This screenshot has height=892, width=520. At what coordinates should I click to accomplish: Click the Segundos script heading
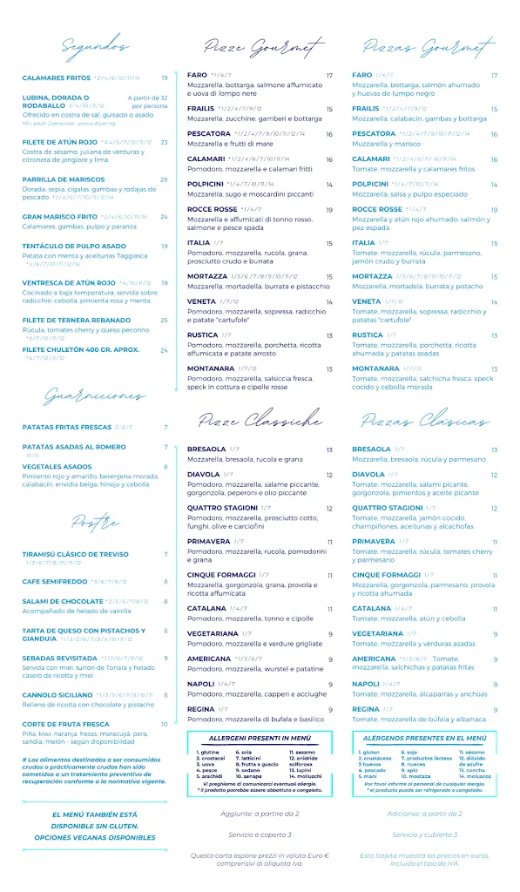click(x=95, y=46)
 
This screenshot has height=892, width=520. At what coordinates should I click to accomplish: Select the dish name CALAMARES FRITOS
click(x=56, y=78)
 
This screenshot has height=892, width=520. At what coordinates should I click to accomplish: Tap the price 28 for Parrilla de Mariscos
click(x=164, y=179)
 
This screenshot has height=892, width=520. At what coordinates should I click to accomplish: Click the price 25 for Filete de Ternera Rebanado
click(x=164, y=320)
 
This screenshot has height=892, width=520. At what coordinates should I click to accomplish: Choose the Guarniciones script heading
click(x=95, y=396)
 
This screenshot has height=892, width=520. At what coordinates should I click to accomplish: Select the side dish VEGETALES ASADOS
click(x=57, y=466)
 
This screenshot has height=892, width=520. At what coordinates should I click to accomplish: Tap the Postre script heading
click(x=95, y=523)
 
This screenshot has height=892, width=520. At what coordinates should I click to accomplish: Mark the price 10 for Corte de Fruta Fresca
click(x=164, y=724)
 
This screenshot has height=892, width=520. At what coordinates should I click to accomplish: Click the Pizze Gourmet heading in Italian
click(x=260, y=46)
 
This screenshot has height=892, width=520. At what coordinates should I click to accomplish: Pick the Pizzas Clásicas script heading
click(x=425, y=422)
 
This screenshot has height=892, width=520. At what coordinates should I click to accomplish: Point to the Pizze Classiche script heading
click(x=260, y=422)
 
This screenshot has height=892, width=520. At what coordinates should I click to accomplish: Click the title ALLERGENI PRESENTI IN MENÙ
click(x=260, y=737)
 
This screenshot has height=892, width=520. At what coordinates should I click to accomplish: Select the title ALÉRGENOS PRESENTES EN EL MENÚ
click(x=424, y=737)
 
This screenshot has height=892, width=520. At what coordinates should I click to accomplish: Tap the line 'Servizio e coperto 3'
click(x=260, y=835)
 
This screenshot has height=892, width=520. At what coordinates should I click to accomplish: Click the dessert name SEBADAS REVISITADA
click(x=60, y=658)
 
